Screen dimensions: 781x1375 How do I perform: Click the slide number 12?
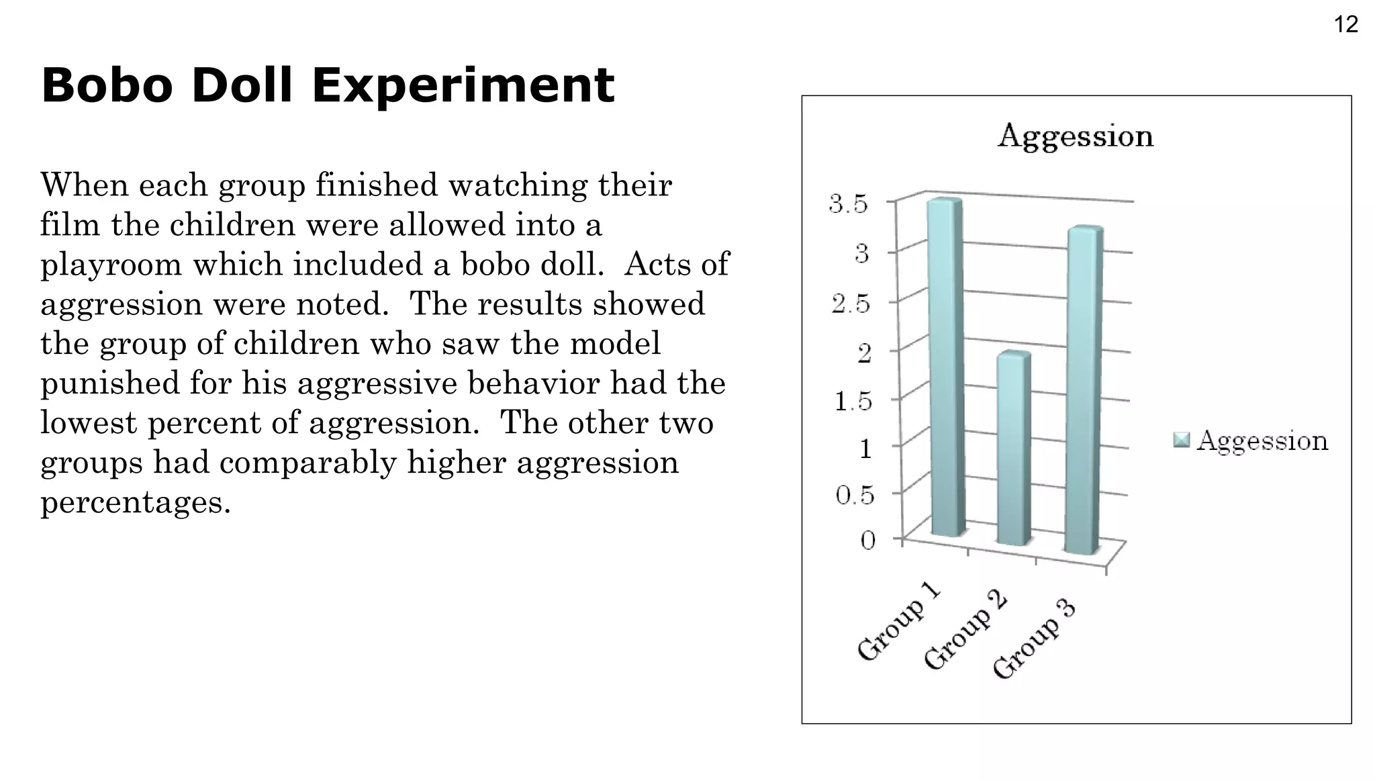pyautogui.click(x=1345, y=25)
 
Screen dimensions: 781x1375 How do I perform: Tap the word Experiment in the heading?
pyautogui.click(x=463, y=86)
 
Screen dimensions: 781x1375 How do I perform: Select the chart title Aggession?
pyautogui.click(x=1075, y=136)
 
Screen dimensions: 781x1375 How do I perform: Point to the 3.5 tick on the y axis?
pyautogui.click(x=849, y=203)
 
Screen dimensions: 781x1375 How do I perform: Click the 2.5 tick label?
pyautogui.click(x=850, y=305)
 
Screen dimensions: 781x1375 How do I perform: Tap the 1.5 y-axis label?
pyautogui.click(x=853, y=402)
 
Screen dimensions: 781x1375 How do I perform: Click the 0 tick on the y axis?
pyautogui.click(x=868, y=540)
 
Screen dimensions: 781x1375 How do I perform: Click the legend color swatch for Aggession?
pyautogui.click(x=1181, y=440)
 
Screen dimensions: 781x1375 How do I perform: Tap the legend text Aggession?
pyautogui.click(x=1262, y=441)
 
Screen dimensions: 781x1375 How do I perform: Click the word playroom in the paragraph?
pyautogui.click(x=111, y=265)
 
